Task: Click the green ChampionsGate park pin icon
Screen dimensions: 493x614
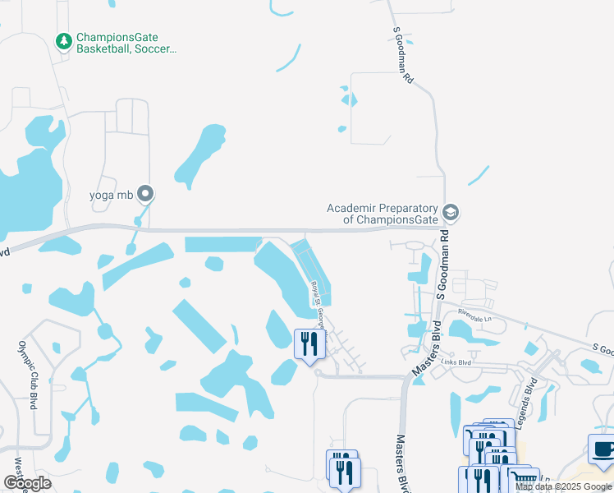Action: (x=63, y=40)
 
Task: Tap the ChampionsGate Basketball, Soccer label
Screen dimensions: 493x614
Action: (x=126, y=44)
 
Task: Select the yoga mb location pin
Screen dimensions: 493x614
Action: (x=146, y=195)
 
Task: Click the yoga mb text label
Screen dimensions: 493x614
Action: (x=111, y=196)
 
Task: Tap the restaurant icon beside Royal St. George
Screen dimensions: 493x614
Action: (x=309, y=343)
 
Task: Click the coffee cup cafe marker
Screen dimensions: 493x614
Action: (x=603, y=449)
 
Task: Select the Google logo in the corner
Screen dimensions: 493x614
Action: (x=27, y=482)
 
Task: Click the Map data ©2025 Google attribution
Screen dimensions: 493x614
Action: (x=564, y=486)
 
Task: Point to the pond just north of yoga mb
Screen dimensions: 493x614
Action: (x=199, y=154)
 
